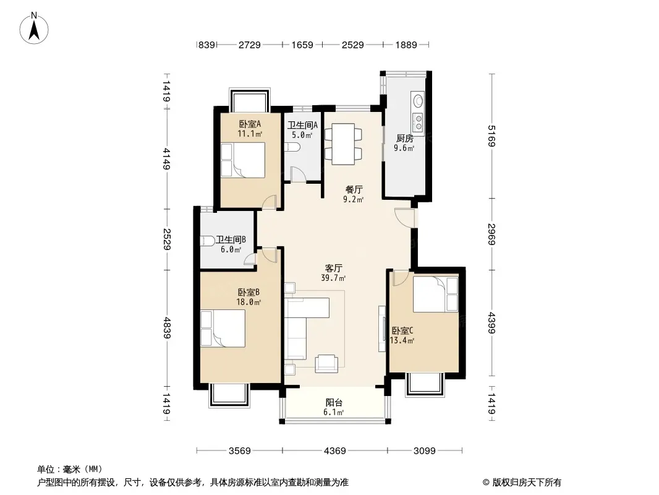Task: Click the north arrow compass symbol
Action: [x=34, y=28]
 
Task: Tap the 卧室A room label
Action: [x=250, y=124]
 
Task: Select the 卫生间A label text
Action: [x=302, y=126]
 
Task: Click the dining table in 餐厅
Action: [x=343, y=144]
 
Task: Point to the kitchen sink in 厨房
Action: [x=418, y=101]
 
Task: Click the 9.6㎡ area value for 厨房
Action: [x=404, y=148]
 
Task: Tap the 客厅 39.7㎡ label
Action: [x=333, y=273]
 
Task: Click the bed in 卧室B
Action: [x=223, y=329]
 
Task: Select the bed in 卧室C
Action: [x=436, y=294]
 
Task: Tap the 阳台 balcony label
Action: [x=334, y=403]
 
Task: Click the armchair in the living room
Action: [x=326, y=363]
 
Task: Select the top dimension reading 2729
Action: [x=250, y=45]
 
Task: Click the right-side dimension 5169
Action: [x=491, y=136]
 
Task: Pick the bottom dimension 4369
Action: [x=335, y=451]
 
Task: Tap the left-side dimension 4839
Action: [x=167, y=328]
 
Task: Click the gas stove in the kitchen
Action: [x=418, y=123]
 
